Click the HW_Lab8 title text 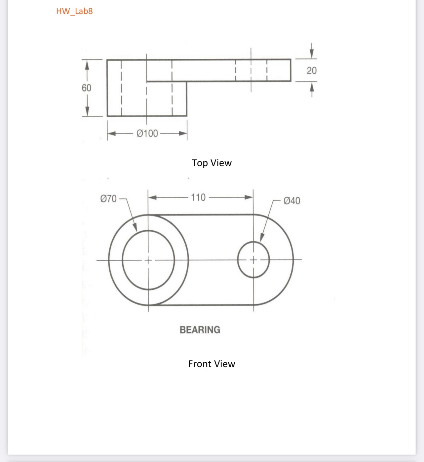click(74, 11)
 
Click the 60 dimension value click(86, 88)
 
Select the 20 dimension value click(311, 71)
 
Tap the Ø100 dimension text click(147, 133)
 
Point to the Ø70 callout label click(108, 199)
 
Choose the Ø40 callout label click(292, 201)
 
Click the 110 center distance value click(198, 197)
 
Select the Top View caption click(212, 163)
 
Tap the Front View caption click(212, 364)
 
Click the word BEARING click(200, 330)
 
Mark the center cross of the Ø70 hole click(148, 260)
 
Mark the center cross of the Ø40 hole click(253, 260)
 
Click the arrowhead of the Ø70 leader click(135, 228)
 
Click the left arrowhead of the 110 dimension click(152, 197)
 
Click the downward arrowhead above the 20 click(311, 54)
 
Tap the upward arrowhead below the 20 click(311, 87)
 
